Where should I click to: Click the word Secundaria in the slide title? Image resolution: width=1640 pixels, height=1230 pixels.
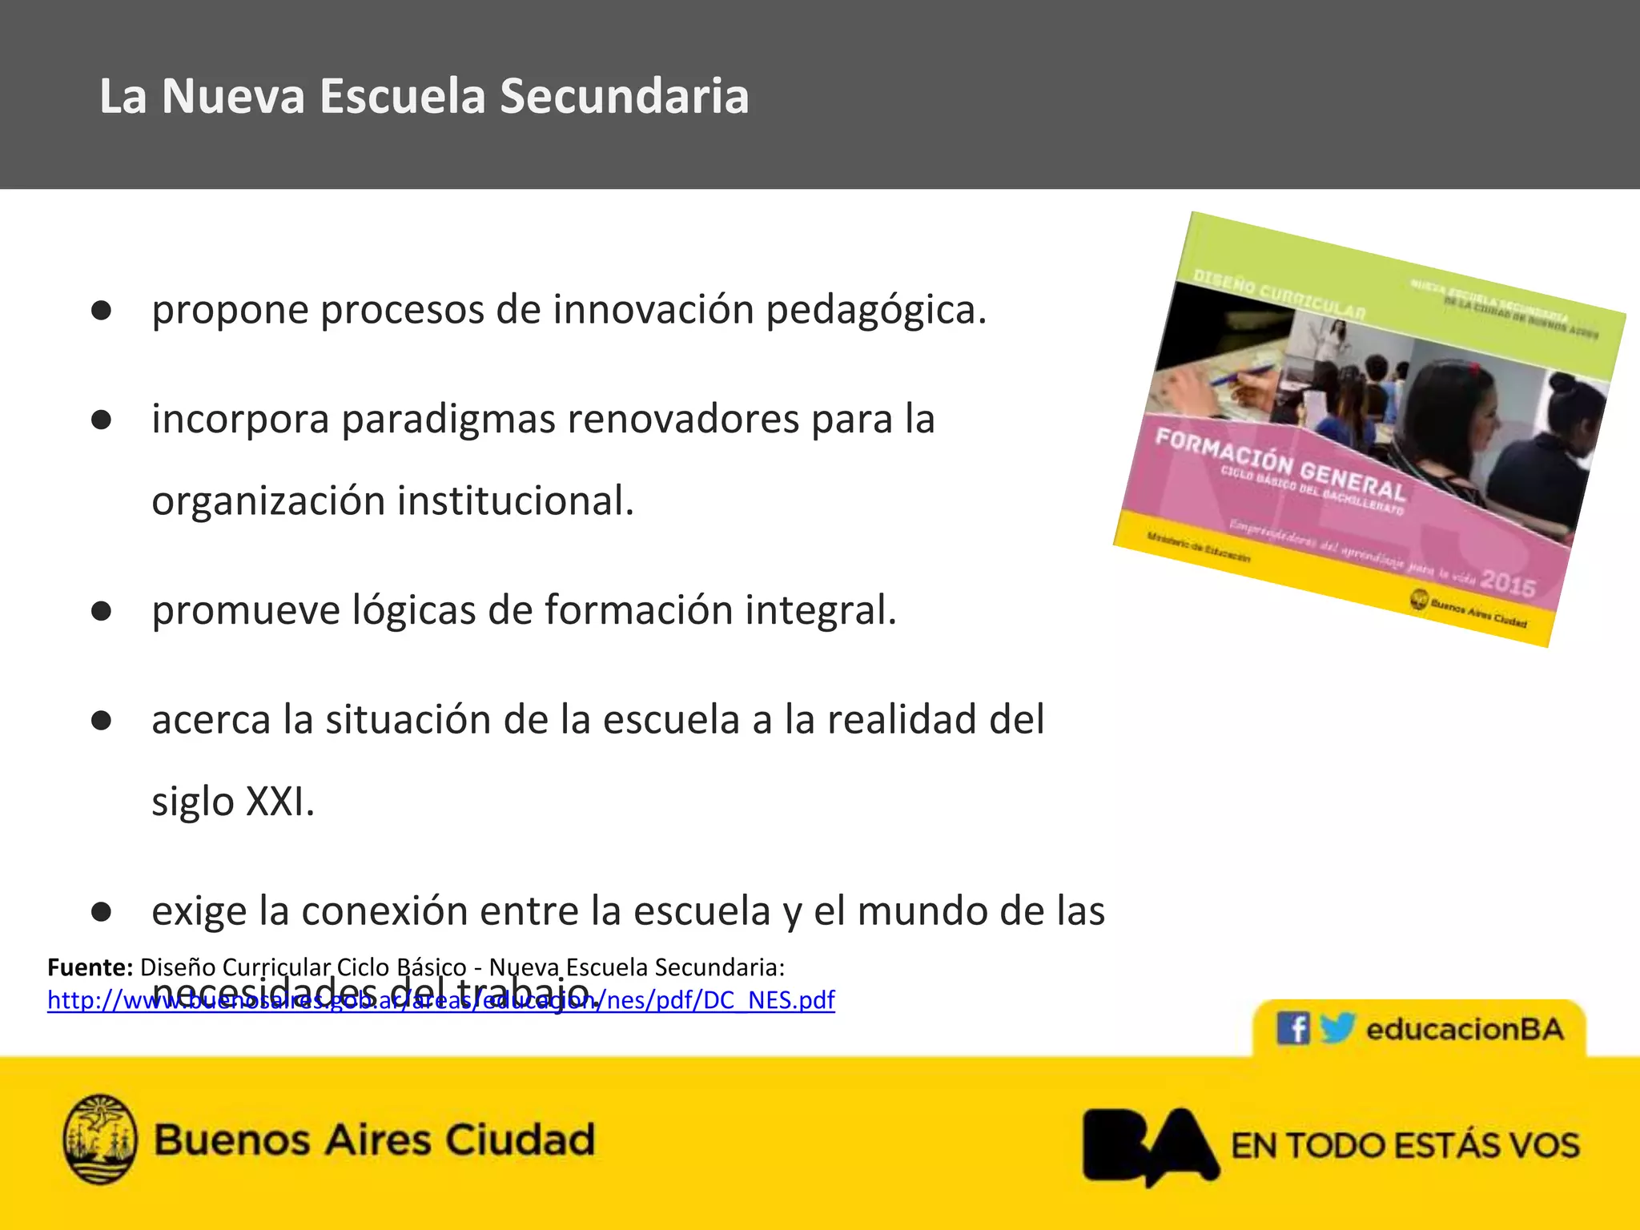[x=625, y=97]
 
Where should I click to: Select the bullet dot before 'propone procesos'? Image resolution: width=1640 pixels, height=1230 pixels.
[x=101, y=311]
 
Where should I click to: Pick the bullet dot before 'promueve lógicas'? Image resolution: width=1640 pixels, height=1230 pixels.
[x=101, y=612]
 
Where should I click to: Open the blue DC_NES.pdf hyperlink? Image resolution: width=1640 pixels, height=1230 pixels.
[x=440, y=1000]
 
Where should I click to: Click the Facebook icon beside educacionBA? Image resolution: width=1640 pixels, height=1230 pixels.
[x=1292, y=1028]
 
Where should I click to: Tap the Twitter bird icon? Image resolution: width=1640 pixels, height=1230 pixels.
[x=1337, y=1027]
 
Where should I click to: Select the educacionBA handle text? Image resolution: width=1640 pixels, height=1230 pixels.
[x=1465, y=1029]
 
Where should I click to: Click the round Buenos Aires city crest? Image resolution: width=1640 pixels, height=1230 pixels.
[x=100, y=1139]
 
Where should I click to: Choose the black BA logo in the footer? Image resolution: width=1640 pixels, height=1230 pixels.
[x=1149, y=1145]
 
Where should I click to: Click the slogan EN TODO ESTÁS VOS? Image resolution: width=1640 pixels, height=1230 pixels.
[x=1405, y=1145]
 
